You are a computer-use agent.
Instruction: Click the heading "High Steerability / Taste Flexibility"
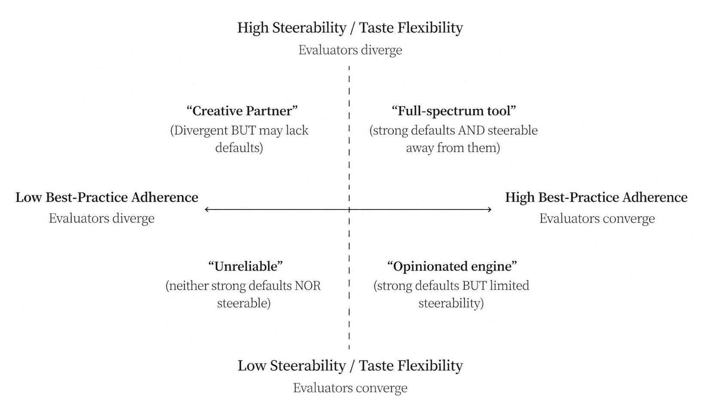point(350,28)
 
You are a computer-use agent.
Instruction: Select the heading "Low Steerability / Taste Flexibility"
point(350,366)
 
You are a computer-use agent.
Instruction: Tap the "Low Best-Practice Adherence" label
point(107,197)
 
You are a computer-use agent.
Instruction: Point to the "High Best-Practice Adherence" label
point(596,197)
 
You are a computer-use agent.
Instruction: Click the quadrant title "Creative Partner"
point(242,111)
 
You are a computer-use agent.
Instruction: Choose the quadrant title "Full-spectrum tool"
point(454,111)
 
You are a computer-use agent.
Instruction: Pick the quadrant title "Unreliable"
point(245,266)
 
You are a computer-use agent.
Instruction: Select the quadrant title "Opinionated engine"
point(452,266)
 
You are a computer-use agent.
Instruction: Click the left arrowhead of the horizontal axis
point(205,210)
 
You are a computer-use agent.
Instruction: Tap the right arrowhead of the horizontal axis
point(491,210)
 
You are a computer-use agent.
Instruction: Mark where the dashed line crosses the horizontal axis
point(349,210)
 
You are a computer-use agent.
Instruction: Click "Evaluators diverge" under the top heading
point(350,50)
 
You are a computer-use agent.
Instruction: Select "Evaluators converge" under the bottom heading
point(350,388)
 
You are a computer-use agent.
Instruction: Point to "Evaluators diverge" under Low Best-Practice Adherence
point(101,219)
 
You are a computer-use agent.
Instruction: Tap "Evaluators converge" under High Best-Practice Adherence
point(597,219)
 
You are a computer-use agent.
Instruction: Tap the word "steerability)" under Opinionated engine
point(451,303)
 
